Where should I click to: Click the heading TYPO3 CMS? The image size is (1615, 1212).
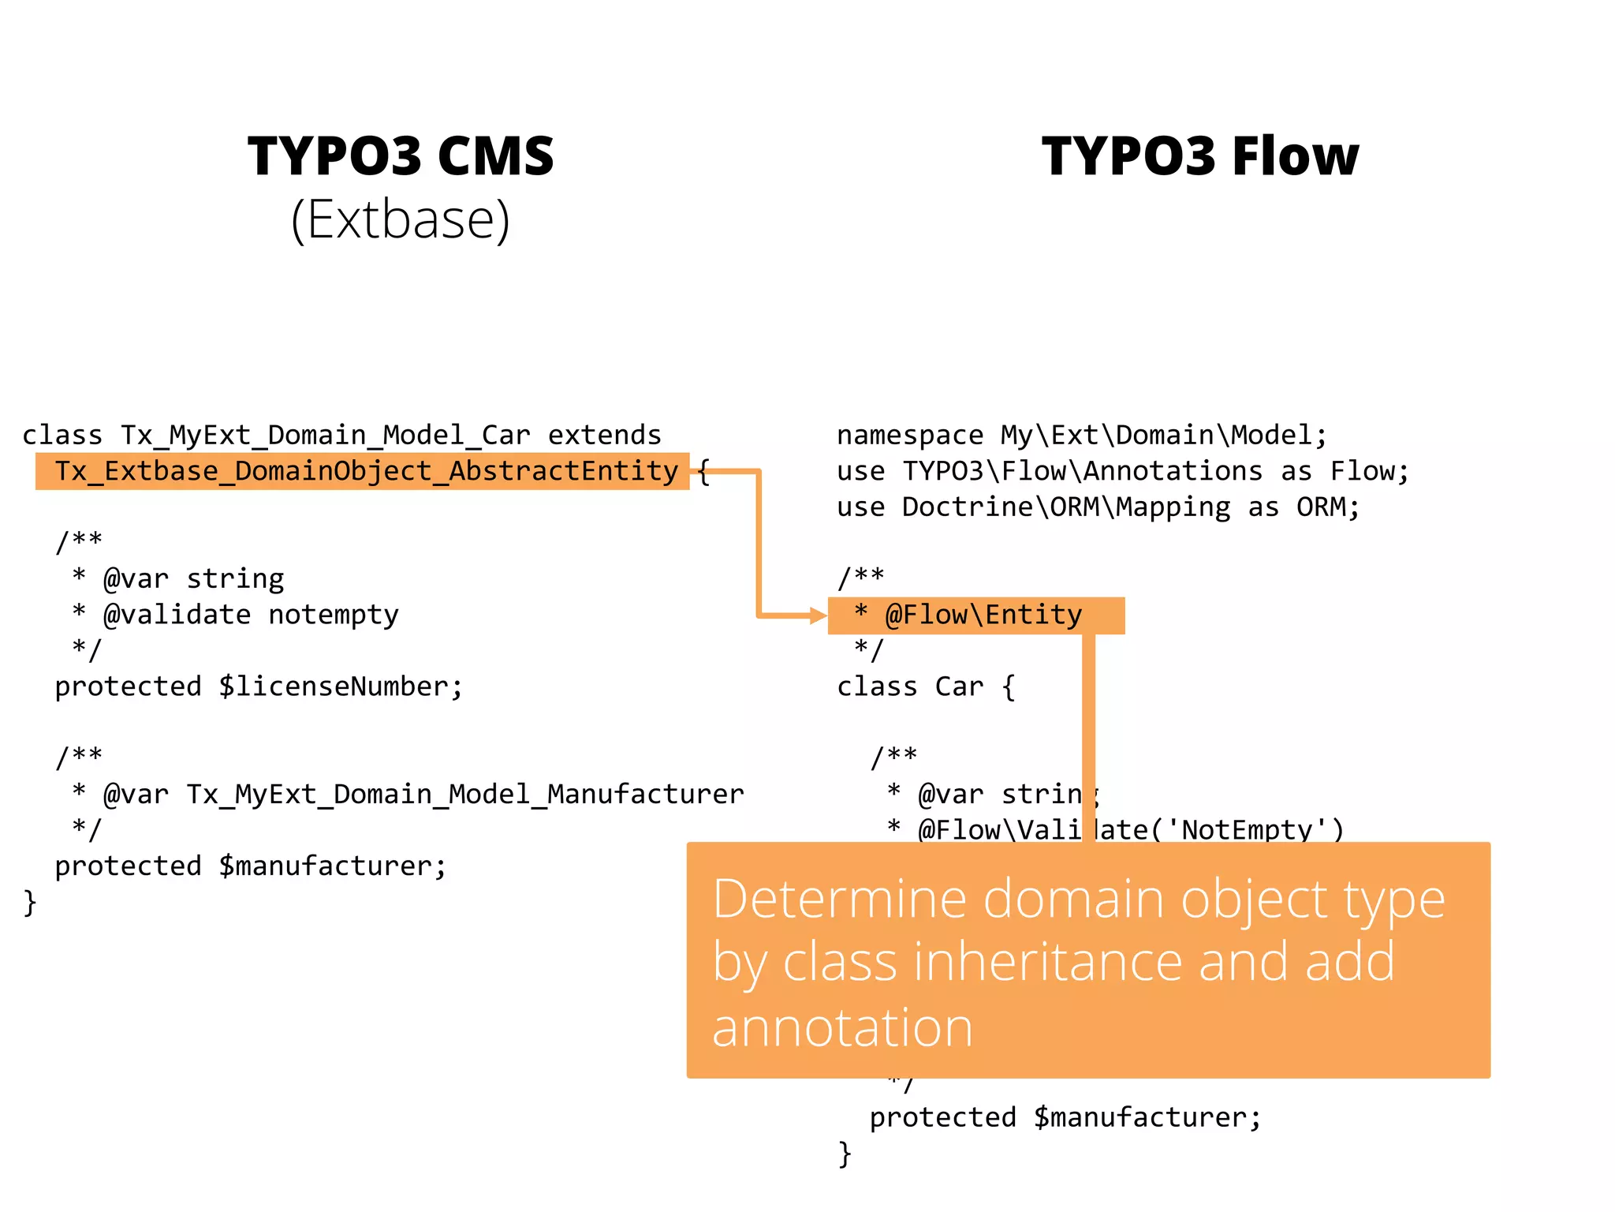coord(401,155)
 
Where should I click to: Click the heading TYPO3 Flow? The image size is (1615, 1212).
coord(1200,155)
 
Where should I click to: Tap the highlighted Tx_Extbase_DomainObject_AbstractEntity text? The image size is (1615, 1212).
coord(366,471)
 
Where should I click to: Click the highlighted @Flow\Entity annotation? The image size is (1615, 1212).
coord(983,615)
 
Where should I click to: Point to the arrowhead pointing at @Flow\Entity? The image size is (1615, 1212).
coord(819,615)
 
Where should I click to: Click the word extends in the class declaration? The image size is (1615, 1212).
coord(604,436)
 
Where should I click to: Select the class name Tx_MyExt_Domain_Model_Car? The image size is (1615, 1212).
coord(325,436)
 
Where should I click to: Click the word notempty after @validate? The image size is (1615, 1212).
coord(334,615)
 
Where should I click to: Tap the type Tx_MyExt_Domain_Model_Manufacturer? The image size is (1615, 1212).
coord(464,794)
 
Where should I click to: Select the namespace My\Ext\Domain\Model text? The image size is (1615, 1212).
coord(1156,436)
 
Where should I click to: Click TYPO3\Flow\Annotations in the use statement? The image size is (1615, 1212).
coord(1082,471)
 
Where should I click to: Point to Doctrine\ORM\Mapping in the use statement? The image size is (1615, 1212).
coord(1065,507)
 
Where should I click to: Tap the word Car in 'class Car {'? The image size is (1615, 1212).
coord(959,686)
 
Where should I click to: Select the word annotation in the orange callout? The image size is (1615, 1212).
coord(842,1027)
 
